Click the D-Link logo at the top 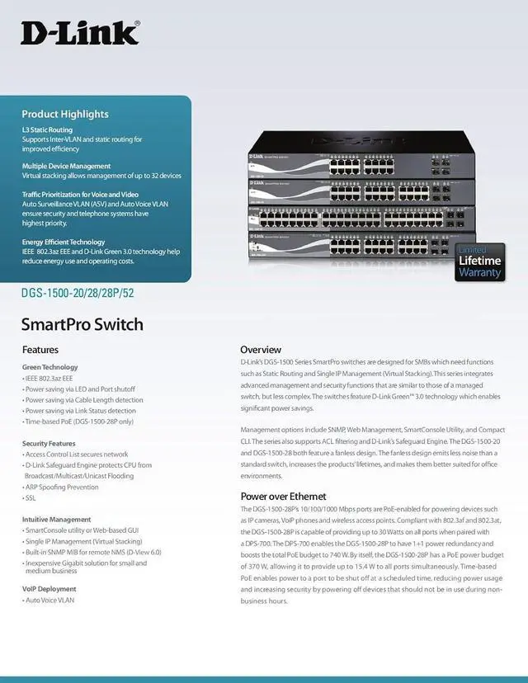pyautogui.click(x=80, y=33)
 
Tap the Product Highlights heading pyautogui.click(x=64, y=114)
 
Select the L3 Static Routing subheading pyautogui.click(x=47, y=130)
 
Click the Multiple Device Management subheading pyautogui.click(x=66, y=166)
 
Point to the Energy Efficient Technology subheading pyautogui.click(x=64, y=242)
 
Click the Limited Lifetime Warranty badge pyautogui.click(x=479, y=261)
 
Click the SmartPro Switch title pyautogui.click(x=82, y=324)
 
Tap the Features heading pyautogui.click(x=40, y=350)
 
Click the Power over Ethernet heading pyautogui.click(x=283, y=497)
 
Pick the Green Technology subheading pyautogui.click(x=50, y=367)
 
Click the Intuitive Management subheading pyautogui.click(x=57, y=520)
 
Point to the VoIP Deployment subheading pyautogui.click(x=49, y=589)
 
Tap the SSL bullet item pyautogui.click(x=31, y=498)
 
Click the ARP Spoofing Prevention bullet pyautogui.click(x=62, y=488)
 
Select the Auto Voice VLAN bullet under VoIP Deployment pyautogui.click(x=49, y=601)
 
